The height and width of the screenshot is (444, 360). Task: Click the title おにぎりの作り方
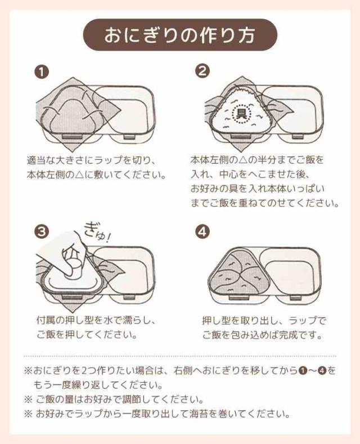pos(179,35)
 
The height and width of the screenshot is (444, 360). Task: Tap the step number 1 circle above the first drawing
pos(42,73)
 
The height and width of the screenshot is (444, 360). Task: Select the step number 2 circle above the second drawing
pos(202,71)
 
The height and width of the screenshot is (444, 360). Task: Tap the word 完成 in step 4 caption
pos(288,335)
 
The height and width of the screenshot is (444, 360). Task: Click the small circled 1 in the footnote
pos(301,370)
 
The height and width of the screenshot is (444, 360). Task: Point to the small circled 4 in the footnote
pos(322,370)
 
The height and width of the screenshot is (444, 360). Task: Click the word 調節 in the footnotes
pos(133,400)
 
